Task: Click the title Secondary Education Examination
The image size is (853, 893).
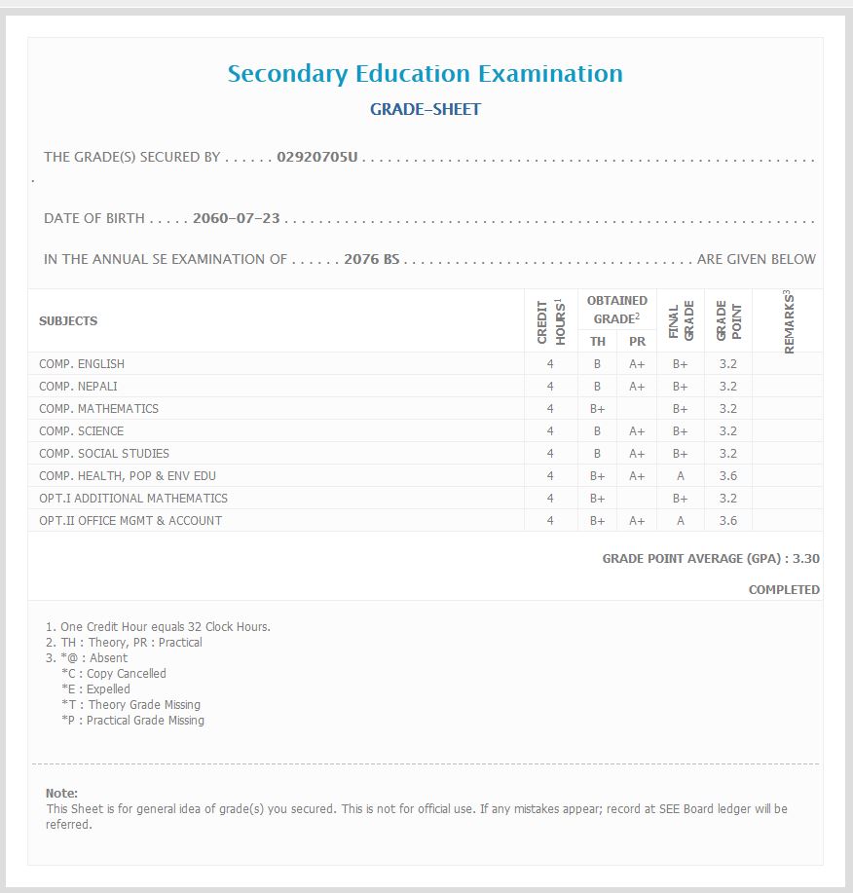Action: point(426,74)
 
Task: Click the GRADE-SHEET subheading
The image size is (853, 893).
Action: point(426,110)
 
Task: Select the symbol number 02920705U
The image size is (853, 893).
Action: point(317,157)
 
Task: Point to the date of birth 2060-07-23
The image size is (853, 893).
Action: point(237,218)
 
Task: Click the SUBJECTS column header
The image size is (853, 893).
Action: point(68,321)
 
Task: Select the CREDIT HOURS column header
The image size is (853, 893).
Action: point(551,321)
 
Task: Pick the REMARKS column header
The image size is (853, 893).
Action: point(788,321)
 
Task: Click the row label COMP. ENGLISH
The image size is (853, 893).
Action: point(82,364)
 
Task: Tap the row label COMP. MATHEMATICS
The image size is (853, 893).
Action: point(98,409)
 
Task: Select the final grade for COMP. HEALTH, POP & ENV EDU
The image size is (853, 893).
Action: point(681,476)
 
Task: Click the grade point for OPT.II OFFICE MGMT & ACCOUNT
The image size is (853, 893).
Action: point(727,521)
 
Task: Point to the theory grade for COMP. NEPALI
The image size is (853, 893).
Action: point(597,387)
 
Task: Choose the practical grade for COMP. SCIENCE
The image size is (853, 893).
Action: point(637,431)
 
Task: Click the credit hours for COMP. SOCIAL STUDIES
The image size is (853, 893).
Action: point(550,454)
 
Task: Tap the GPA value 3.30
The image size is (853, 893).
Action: point(806,560)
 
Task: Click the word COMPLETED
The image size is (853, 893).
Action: point(784,590)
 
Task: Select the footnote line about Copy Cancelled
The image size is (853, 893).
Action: point(114,674)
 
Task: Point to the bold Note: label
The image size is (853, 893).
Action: point(61,794)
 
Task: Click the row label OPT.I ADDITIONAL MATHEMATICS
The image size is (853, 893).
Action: point(133,499)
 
